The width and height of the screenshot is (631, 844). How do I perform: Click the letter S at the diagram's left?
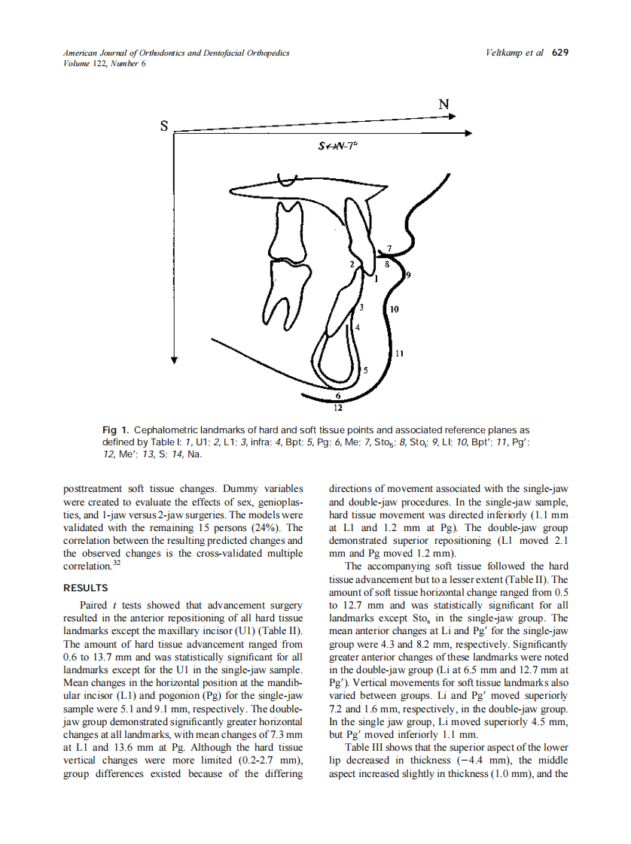164,127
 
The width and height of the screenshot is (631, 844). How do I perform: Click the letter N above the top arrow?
444,105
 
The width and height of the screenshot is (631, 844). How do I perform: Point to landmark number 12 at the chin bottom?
337,408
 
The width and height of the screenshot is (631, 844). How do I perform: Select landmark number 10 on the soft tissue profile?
395,309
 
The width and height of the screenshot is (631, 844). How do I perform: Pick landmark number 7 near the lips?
389,248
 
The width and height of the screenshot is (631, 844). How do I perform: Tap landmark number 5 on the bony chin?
366,370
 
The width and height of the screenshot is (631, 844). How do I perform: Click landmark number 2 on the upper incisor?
351,264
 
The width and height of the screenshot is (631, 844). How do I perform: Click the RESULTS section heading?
86,588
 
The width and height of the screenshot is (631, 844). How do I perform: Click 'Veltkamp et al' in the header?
515,53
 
